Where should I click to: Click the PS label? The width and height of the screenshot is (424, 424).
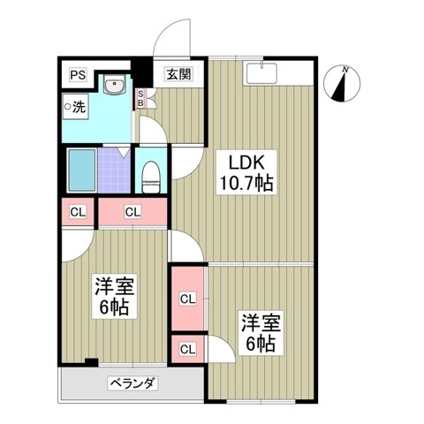click(78, 74)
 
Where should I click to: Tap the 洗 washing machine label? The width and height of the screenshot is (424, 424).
click(77, 108)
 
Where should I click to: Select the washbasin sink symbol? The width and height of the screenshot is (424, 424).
click(115, 87)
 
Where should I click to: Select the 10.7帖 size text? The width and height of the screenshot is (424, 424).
click(246, 184)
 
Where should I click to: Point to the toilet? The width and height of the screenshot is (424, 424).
click(150, 173)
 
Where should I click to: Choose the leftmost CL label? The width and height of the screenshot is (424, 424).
click(78, 212)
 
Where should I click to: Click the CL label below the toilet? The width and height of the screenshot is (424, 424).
click(132, 212)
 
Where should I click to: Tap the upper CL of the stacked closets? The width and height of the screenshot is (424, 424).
click(188, 299)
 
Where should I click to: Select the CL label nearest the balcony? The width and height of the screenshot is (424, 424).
click(188, 349)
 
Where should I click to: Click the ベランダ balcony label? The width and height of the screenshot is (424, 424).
click(132, 384)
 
